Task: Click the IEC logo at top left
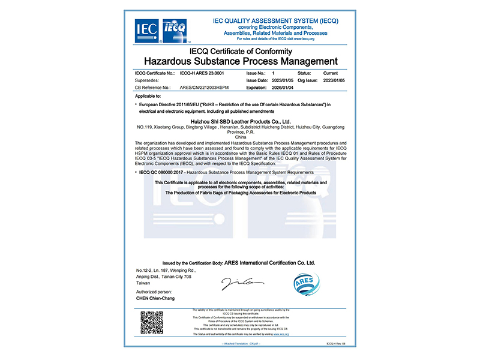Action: click(147, 29)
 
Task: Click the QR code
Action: click(152, 323)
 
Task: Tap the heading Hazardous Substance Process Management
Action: click(241, 61)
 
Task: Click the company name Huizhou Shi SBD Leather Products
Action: click(240, 121)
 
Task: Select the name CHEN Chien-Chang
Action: click(156, 298)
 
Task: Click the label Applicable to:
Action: click(149, 96)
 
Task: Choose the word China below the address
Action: click(240, 137)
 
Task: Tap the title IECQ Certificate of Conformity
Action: click(241, 51)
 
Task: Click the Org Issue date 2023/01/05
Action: click(336, 79)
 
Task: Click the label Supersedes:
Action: click(149, 79)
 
